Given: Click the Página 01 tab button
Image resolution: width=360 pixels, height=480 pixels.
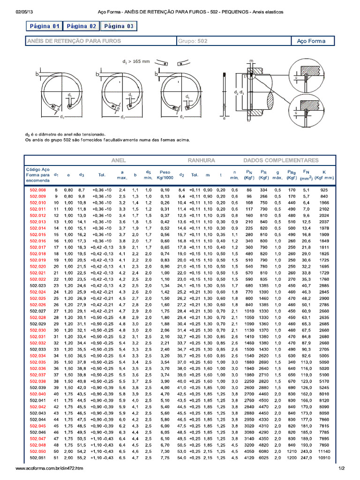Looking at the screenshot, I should (43, 26).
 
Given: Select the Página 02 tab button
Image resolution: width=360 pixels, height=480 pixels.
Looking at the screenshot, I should (81, 26).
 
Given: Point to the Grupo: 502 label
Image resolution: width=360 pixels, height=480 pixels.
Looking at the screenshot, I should (193, 41).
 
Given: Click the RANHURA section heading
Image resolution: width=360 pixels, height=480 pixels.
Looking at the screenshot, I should (202, 160).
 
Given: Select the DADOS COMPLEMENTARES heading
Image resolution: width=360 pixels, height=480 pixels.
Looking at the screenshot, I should (280, 160).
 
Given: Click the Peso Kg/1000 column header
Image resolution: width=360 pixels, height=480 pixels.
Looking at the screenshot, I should (165, 175).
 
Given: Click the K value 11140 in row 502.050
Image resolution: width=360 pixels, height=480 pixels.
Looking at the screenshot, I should (324, 451).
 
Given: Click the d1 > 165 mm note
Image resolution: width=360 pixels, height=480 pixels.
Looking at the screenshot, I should (136, 61).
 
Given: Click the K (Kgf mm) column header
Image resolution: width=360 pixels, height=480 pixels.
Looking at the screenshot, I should (324, 175).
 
